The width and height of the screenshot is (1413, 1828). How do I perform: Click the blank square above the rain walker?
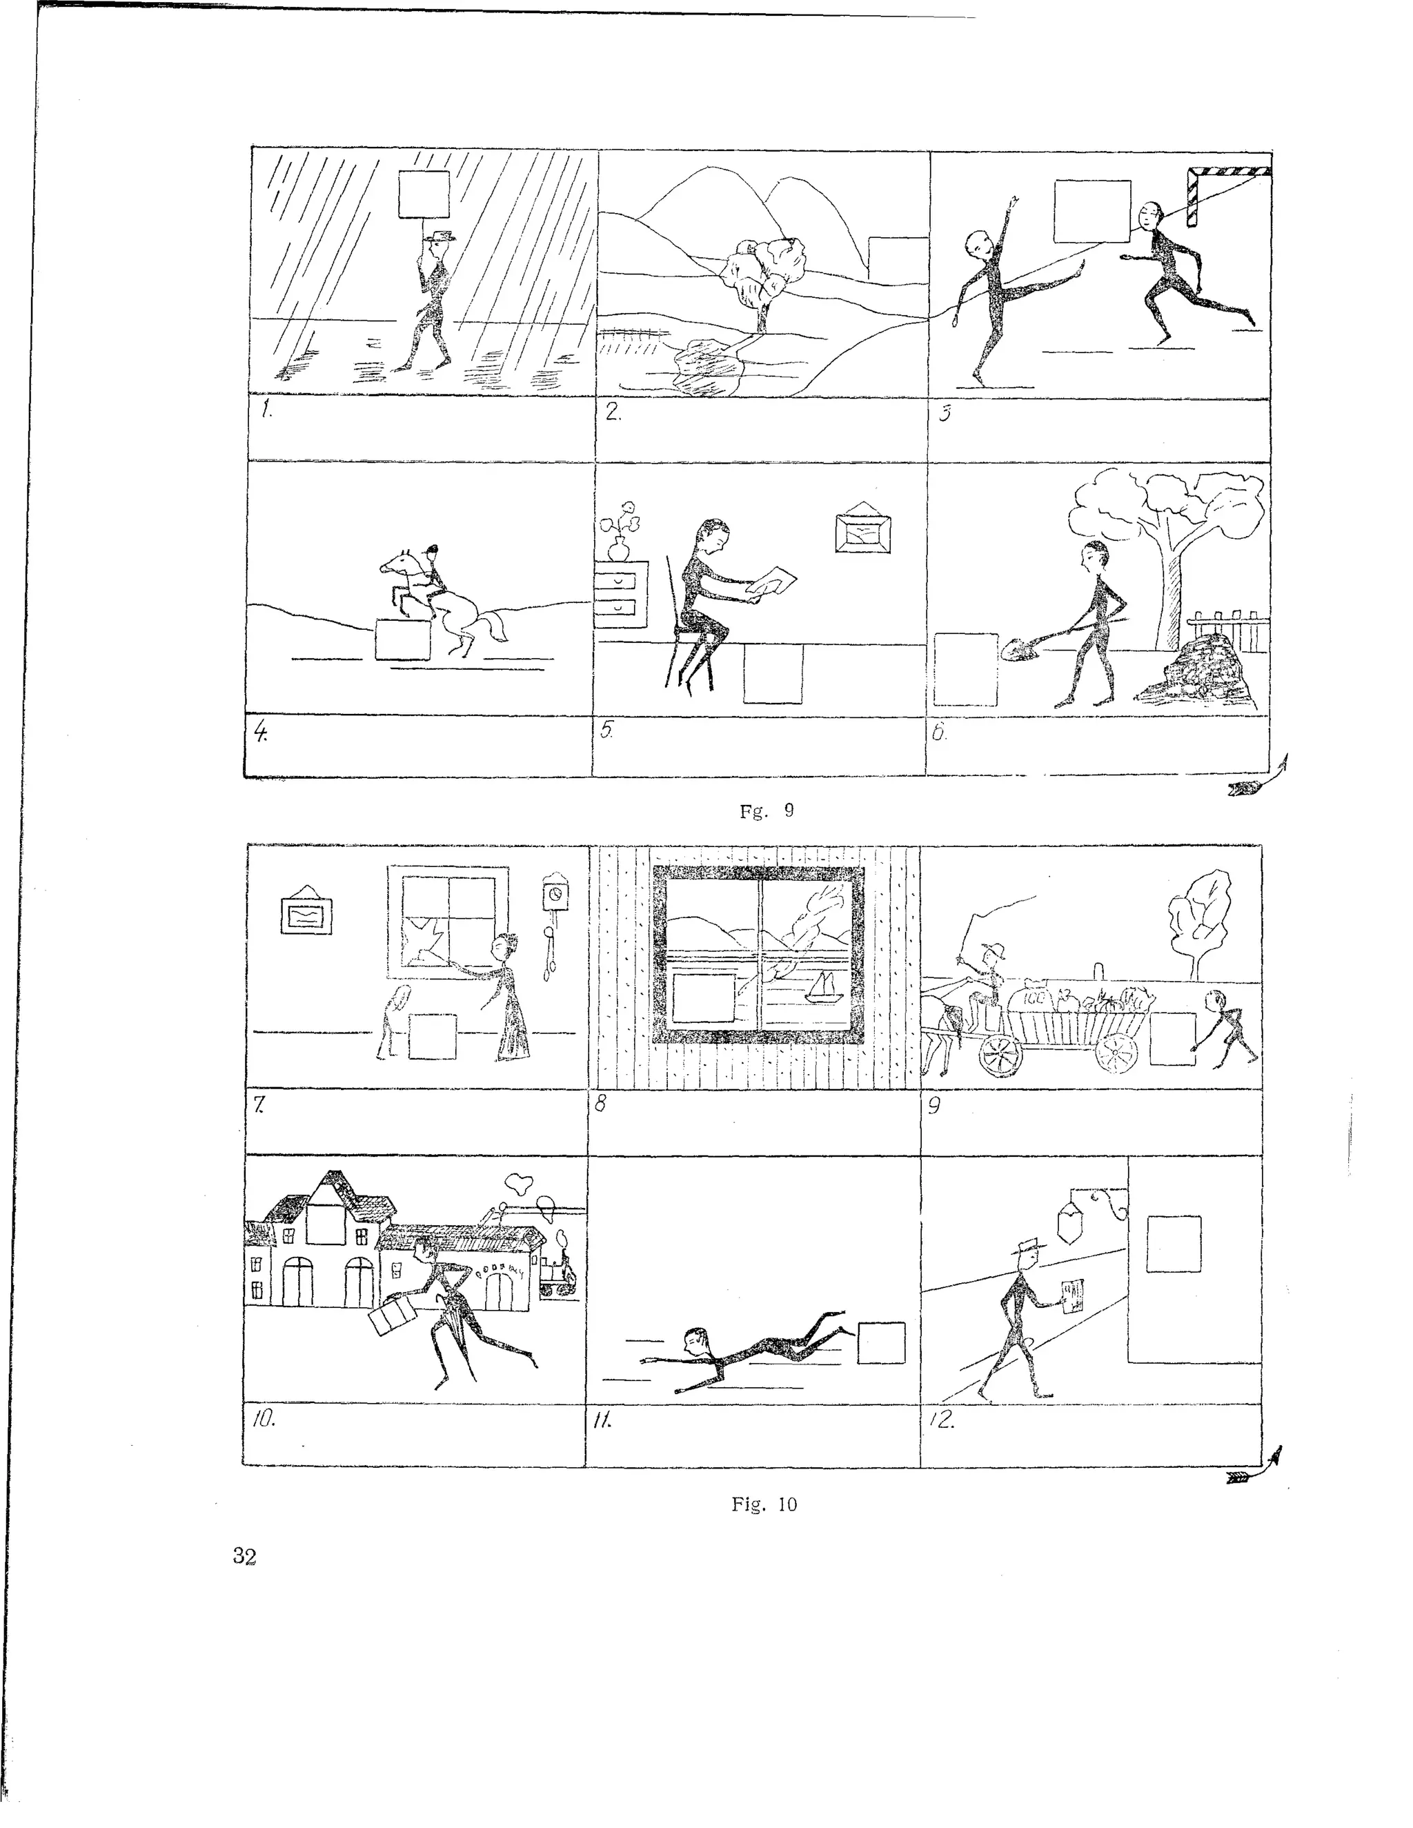(x=424, y=195)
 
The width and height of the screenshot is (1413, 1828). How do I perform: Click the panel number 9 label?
(x=935, y=1106)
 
